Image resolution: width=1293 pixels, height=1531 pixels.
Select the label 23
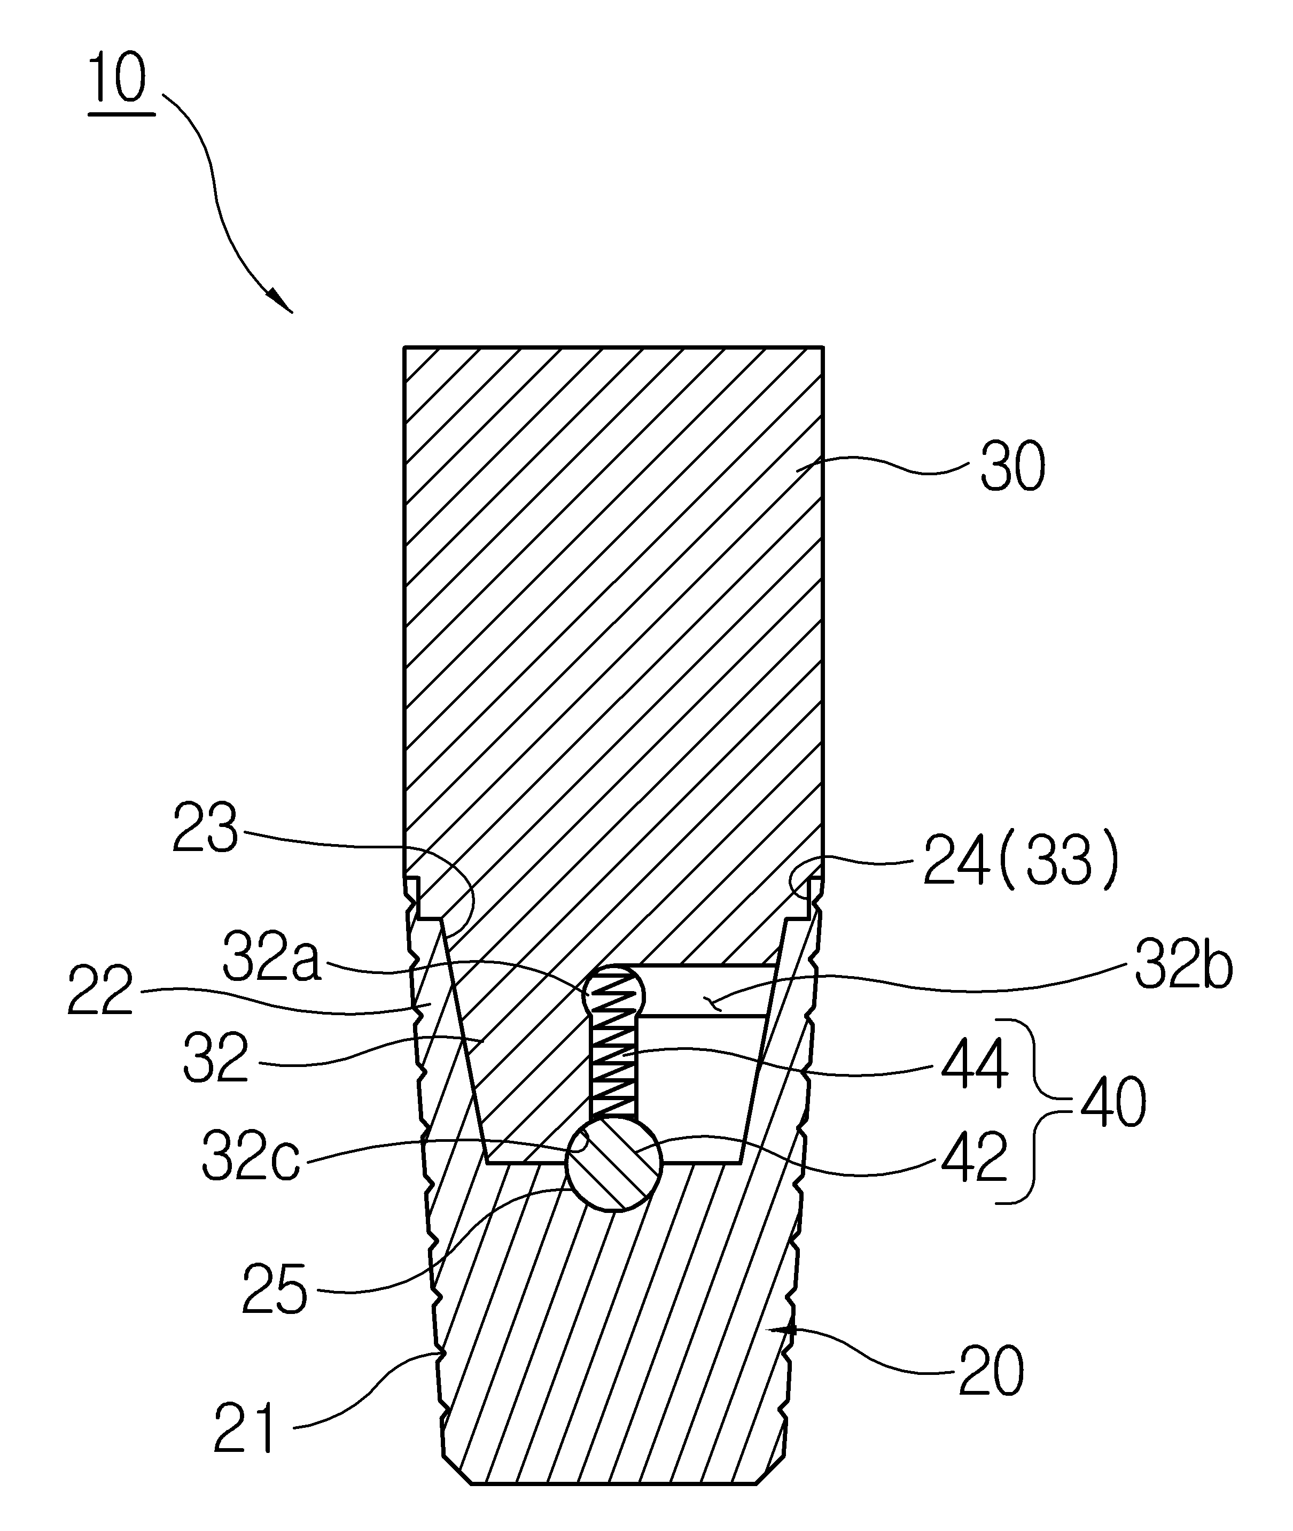pyautogui.click(x=205, y=828)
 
